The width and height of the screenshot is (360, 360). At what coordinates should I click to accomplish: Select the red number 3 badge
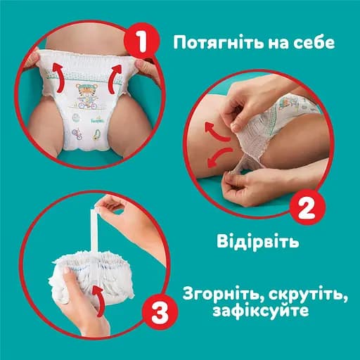[x=157, y=310]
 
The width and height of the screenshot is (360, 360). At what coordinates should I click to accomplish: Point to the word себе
[x=314, y=41]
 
